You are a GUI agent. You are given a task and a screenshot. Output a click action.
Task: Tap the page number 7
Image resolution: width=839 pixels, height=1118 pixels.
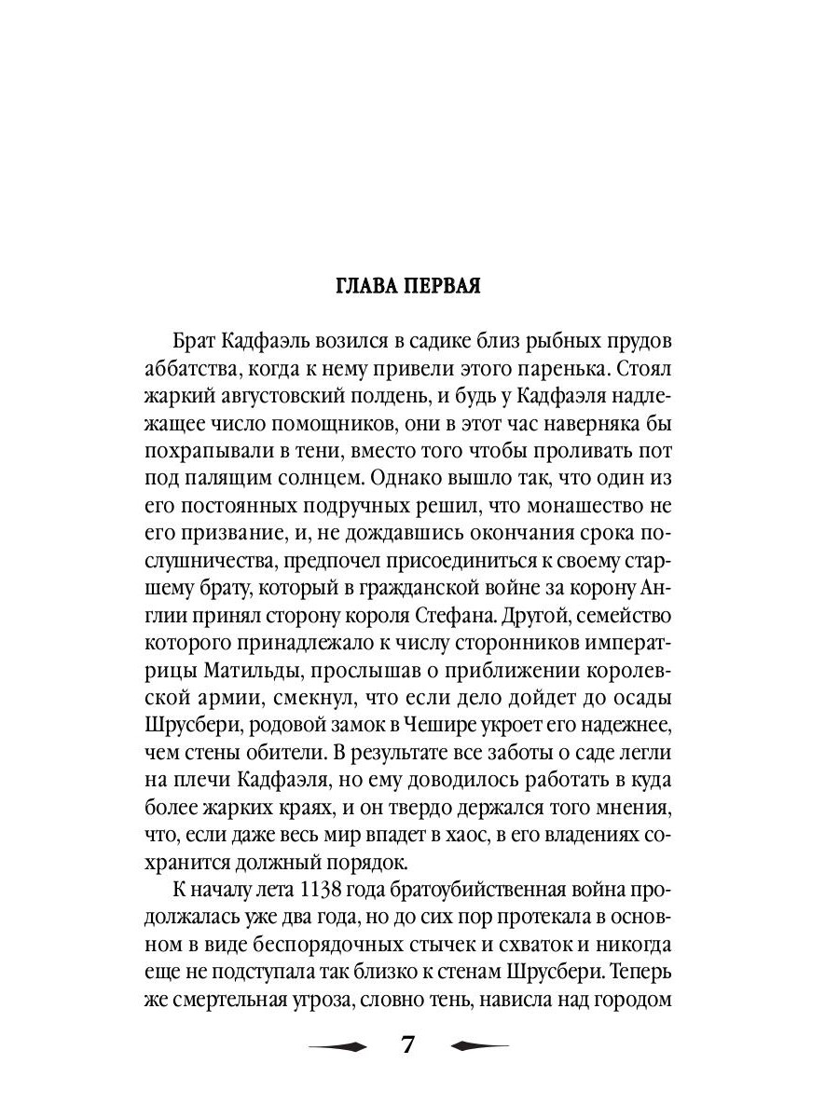[x=408, y=1044]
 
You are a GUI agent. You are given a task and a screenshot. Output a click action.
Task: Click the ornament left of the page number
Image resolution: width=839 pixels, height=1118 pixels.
[x=337, y=1045]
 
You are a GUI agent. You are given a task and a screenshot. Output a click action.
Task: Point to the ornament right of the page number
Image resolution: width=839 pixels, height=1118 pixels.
[x=479, y=1045]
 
